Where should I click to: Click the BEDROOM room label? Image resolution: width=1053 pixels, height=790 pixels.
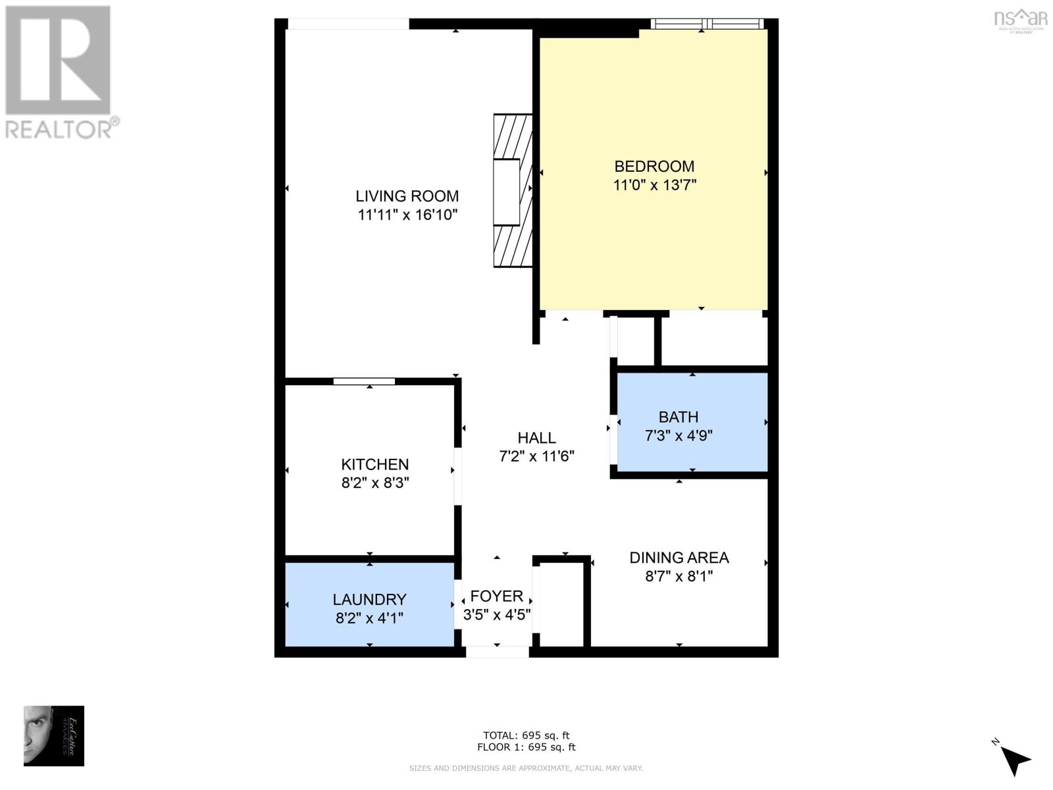pos(654,167)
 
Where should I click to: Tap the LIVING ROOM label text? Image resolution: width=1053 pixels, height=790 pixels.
pos(407,196)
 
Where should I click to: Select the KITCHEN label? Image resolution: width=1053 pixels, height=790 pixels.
pos(374,464)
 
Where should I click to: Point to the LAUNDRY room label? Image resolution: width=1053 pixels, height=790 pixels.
pos(369,600)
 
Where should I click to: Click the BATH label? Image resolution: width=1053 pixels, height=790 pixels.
pos(679,417)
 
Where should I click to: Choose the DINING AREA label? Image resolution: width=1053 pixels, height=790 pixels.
pos(679,558)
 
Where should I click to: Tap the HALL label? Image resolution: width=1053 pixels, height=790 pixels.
pos(536,438)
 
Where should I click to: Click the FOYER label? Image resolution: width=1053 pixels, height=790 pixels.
pos(497,596)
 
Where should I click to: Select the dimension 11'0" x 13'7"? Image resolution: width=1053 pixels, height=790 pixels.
pos(654,185)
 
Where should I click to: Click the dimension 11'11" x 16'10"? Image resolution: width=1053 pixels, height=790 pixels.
pos(407,215)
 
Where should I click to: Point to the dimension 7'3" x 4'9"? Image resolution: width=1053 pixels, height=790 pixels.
pos(679,436)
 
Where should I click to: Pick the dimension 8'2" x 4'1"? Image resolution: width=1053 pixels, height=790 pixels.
pos(369,618)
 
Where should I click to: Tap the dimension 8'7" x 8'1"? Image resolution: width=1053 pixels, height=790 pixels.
pos(679,576)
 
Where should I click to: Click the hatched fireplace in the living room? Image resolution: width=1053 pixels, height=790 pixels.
pos(513,191)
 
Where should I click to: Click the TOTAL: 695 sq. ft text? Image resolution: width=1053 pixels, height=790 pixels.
pos(526,735)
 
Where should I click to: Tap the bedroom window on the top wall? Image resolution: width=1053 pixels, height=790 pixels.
pos(707,24)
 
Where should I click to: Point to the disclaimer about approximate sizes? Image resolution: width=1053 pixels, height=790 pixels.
pos(526,768)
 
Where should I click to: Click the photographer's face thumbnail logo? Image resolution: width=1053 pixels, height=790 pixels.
pos(54,735)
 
